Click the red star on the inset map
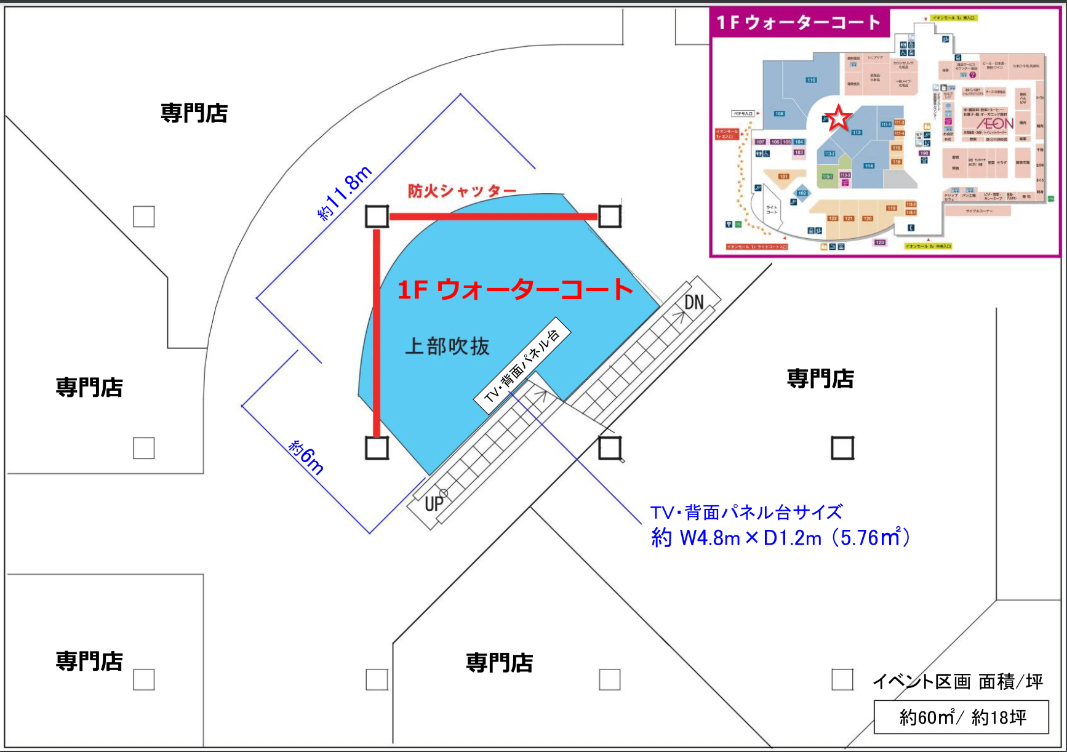coord(838,118)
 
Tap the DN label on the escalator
coord(694,302)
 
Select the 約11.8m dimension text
coord(345,193)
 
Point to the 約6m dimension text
coord(306,457)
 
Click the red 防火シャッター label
coord(462,191)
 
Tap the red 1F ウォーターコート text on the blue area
coord(515,290)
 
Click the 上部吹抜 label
coord(447,346)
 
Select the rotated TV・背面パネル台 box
coord(522,365)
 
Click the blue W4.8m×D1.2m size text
coord(780,538)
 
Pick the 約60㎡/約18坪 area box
coord(962,718)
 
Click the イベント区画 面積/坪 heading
coord(957,681)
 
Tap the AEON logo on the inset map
coord(994,123)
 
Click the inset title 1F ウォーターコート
coord(798,23)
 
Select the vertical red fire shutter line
coord(377,332)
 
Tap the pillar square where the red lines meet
coord(377,216)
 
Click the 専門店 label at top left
coord(194,113)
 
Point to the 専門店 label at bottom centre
coord(499,663)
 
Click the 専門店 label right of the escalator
coord(820,378)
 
